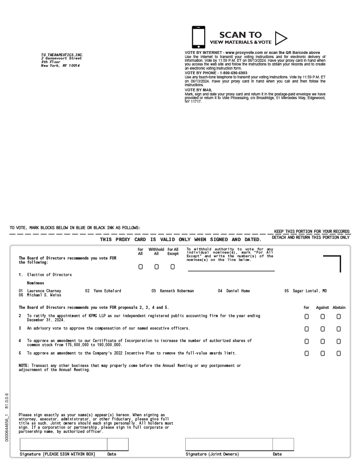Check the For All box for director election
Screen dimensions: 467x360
pos(141,267)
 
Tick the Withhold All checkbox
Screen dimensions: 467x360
pos(156,267)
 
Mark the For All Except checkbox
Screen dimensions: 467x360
pos(172,267)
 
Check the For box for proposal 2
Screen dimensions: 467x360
pos(307,317)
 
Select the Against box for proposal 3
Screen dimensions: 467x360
pos(323,329)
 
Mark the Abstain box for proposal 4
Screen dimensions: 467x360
pos(339,342)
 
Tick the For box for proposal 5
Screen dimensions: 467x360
pos(307,354)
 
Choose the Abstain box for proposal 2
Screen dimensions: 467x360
pos(339,317)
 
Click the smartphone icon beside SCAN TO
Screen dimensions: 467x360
pos(199,37)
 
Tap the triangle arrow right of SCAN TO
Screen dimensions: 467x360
pos(280,38)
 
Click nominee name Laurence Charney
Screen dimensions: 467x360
pos(44,291)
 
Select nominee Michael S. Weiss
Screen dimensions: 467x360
pos(44,296)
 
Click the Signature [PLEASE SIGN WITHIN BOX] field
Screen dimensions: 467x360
pos(64,444)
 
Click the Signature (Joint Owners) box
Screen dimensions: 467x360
pos(229,444)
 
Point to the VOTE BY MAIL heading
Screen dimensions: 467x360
pos(199,90)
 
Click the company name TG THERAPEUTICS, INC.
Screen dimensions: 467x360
pos(62,55)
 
